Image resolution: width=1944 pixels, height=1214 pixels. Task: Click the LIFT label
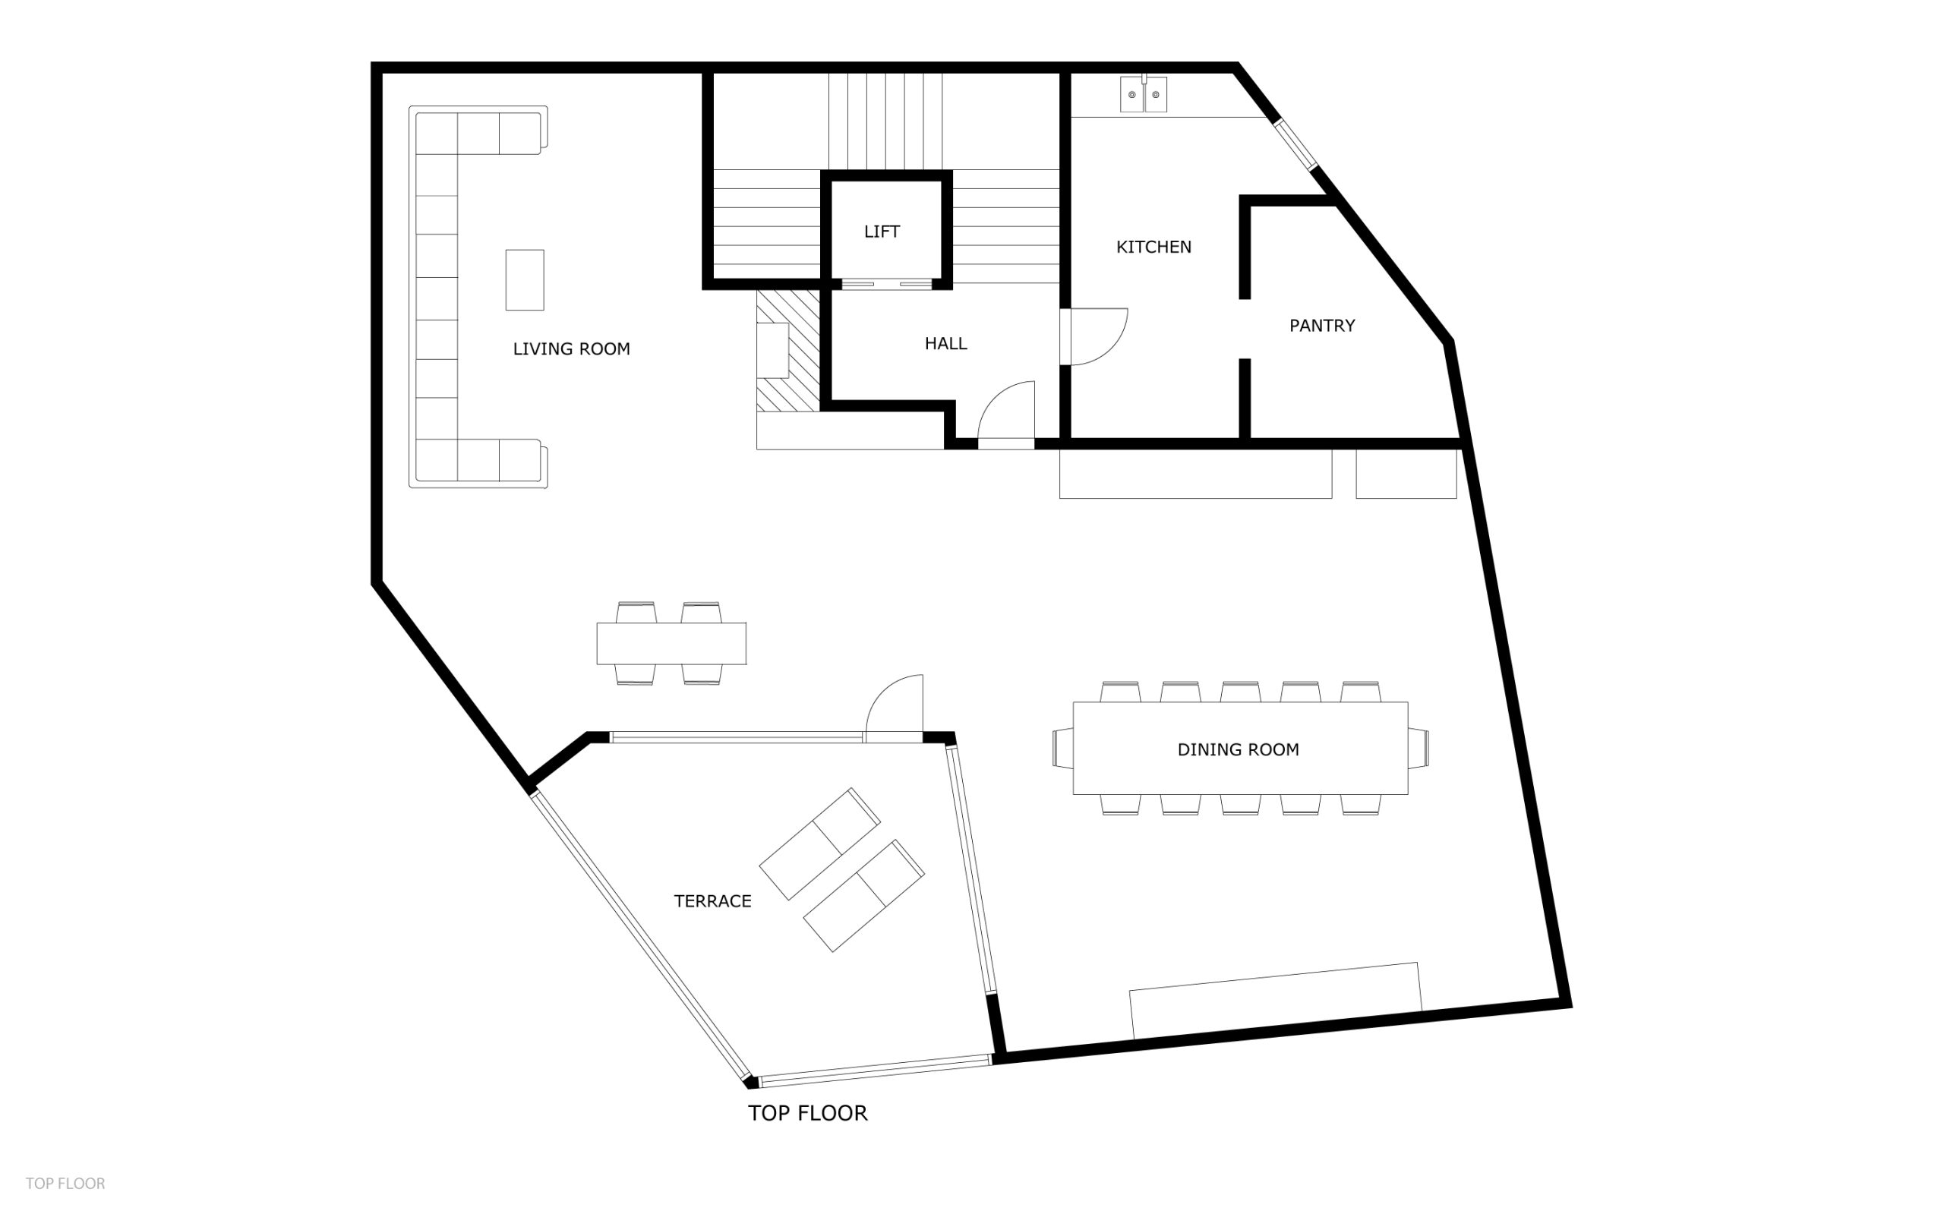(x=882, y=232)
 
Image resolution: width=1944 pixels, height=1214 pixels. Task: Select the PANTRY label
(x=1322, y=326)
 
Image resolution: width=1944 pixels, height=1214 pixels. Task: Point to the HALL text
(x=945, y=344)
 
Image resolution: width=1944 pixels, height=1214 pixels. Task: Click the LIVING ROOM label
(x=571, y=349)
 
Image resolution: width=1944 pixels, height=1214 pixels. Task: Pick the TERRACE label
(x=712, y=902)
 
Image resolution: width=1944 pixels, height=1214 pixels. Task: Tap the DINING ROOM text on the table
(x=1237, y=750)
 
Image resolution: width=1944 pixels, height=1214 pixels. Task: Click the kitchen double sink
(x=1144, y=94)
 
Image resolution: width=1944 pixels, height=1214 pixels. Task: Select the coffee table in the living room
(x=524, y=279)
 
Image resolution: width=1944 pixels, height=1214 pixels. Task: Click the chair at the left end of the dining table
(x=1063, y=749)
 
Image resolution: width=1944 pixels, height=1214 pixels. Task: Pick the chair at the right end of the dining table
(x=1418, y=749)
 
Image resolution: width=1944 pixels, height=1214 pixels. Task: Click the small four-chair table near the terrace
(x=671, y=644)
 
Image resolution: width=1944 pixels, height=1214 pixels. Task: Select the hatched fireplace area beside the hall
(x=787, y=351)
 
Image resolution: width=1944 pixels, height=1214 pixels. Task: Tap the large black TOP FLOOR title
(x=807, y=1114)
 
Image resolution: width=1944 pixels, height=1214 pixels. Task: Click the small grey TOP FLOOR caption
(x=65, y=1184)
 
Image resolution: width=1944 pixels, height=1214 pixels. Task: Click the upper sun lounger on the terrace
(x=820, y=843)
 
